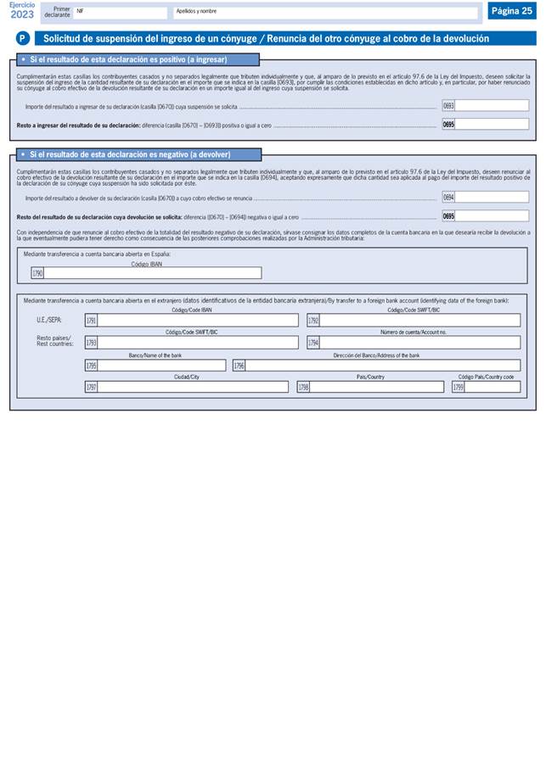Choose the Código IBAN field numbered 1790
point(152,273)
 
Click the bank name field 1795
point(161,365)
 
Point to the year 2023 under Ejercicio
point(22,14)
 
